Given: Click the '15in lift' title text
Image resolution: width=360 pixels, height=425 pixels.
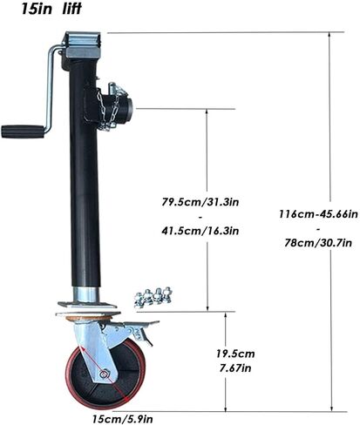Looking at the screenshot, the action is click(x=51, y=9).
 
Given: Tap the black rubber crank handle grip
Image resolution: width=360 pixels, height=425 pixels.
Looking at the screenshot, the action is click(x=23, y=132).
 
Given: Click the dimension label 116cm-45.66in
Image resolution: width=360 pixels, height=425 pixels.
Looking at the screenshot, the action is click(x=318, y=214).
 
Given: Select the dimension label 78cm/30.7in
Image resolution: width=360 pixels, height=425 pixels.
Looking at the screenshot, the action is click(x=318, y=243).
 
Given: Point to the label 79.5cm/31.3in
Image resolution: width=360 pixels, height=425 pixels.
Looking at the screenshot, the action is click(x=200, y=202).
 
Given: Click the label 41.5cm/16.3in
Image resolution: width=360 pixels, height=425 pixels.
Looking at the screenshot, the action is click(x=200, y=231).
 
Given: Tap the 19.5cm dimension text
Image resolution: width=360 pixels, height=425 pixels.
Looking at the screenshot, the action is click(x=235, y=354).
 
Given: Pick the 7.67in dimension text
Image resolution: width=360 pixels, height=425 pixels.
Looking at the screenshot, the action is click(x=235, y=368).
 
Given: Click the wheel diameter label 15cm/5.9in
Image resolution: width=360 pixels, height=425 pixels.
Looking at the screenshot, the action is click(x=122, y=419).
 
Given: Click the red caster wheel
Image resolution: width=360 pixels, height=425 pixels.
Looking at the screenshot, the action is click(x=105, y=374).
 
